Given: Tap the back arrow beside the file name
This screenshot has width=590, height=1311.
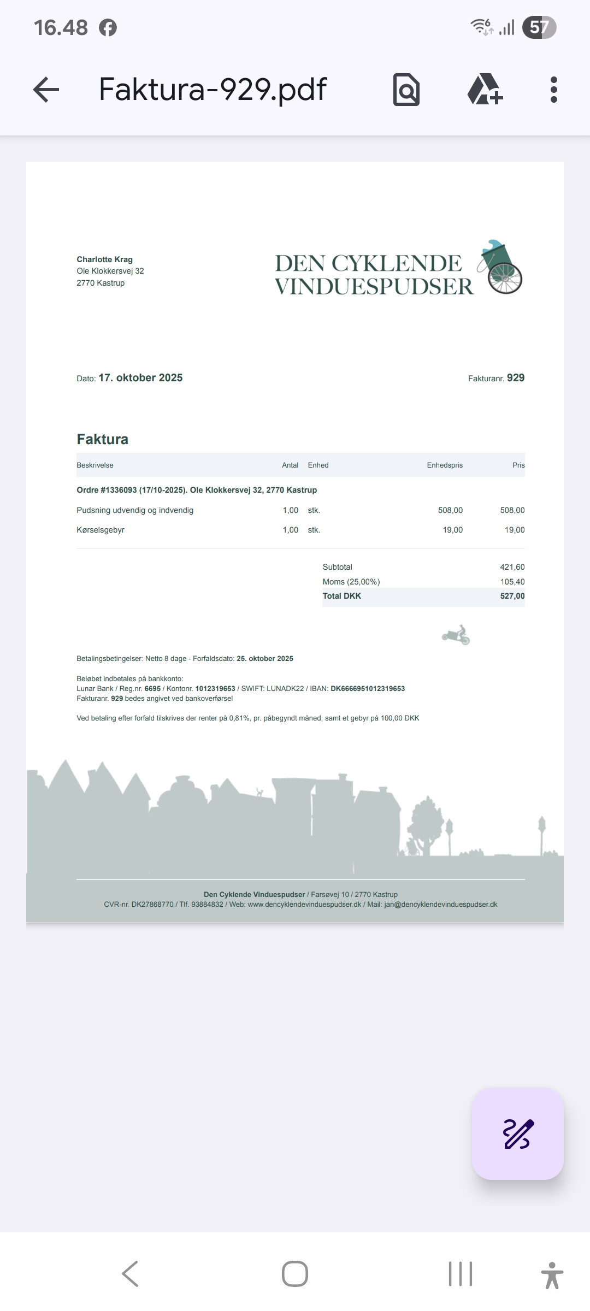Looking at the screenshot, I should (x=46, y=90).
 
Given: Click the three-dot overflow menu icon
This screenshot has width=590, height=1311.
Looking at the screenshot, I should (x=553, y=90).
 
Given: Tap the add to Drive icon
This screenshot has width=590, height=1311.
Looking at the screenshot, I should (x=485, y=90).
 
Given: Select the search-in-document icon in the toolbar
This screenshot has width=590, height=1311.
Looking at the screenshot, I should (x=406, y=90).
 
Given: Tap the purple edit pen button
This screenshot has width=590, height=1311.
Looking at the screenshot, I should (x=517, y=1133).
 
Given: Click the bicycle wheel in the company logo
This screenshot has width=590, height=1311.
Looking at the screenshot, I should (x=505, y=277).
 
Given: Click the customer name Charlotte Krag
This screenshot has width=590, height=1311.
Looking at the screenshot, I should (x=104, y=259).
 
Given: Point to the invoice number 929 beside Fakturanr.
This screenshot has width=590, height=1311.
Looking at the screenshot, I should (x=515, y=377).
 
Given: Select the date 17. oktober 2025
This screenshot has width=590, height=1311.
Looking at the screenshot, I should (x=140, y=377).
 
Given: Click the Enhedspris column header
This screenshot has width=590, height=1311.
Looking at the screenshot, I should (x=445, y=465).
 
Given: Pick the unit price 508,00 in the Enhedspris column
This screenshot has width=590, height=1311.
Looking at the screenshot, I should (x=450, y=510).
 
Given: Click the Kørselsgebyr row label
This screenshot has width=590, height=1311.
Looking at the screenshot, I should (x=101, y=530).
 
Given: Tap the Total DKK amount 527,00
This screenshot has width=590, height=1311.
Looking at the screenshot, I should (x=512, y=596).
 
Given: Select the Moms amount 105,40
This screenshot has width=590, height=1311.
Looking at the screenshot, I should (x=512, y=582).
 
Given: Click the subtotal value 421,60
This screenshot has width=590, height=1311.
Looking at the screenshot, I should (x=512, y=567).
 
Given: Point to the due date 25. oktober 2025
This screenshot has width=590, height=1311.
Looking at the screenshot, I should (x=265, y=659).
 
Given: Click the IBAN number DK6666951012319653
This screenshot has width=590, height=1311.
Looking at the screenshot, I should (x=368, y=689).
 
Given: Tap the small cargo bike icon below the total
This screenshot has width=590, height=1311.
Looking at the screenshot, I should (x=456, y=635).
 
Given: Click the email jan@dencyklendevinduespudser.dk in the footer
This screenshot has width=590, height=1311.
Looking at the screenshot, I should (x=440, y=904).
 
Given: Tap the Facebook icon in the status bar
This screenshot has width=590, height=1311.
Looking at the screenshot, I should (x=108, y=27).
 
